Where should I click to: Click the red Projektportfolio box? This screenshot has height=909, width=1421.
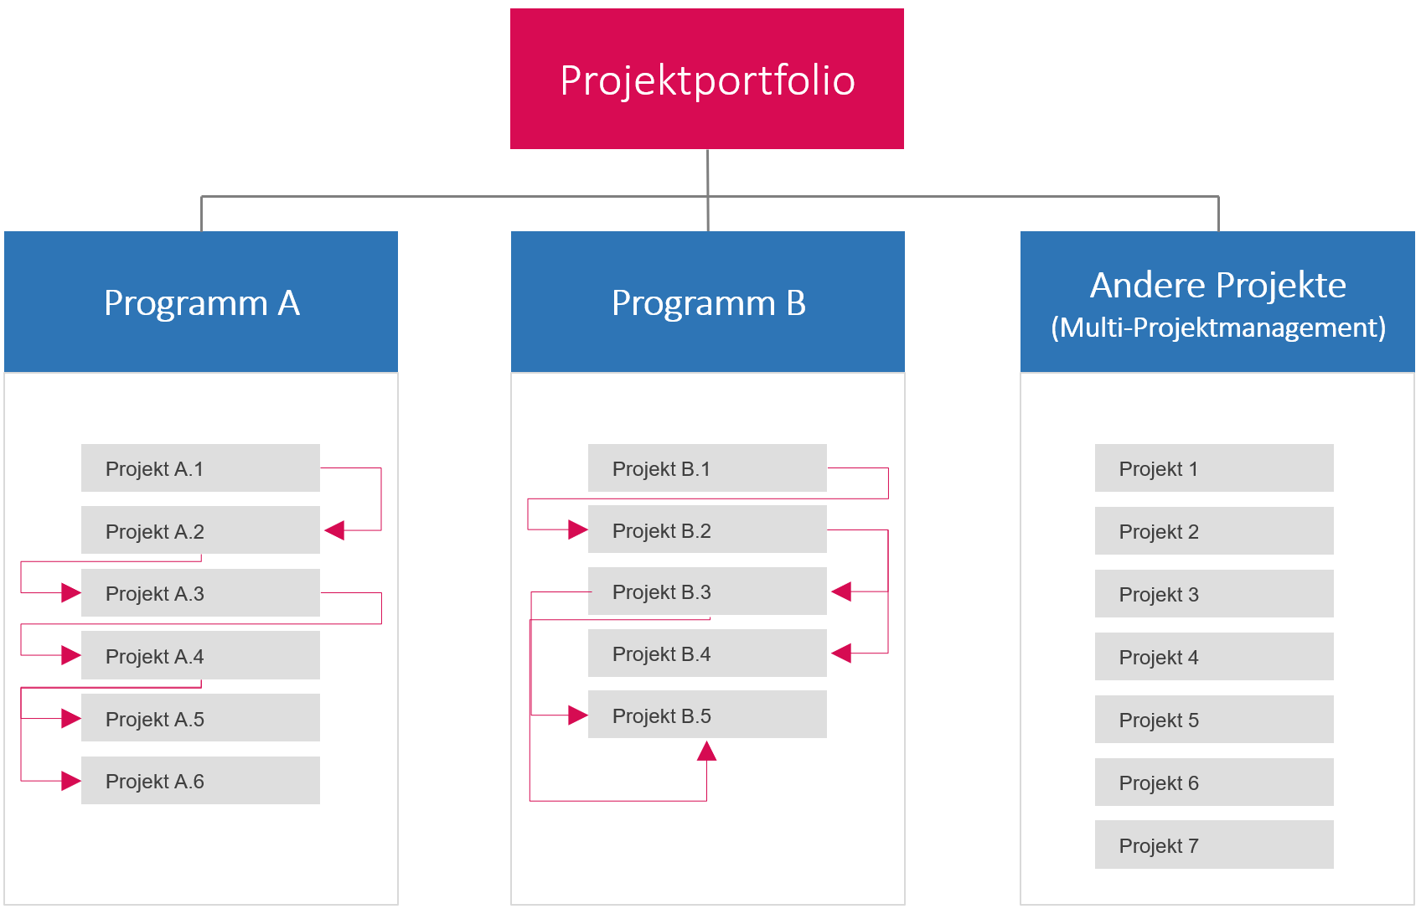(x=706, y=79)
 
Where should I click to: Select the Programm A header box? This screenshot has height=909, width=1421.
(x=201, y=302)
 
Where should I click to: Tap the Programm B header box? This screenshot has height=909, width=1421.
(x=708, y=302)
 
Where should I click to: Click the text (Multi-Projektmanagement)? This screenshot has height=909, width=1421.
(x=1218, y=328)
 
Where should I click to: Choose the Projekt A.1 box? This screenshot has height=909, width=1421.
(x=200, y=467)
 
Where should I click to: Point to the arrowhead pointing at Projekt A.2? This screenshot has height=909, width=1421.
(x=335, y=530)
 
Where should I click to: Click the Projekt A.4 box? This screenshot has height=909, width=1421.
(x=200, y=655)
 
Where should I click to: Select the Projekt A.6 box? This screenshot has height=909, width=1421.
(x=200, y=780)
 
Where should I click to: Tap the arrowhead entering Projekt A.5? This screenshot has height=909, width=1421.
(x=71, y=718)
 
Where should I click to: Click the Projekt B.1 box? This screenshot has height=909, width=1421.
(x=707, y=467)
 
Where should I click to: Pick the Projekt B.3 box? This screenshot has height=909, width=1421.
(x=707, y=591)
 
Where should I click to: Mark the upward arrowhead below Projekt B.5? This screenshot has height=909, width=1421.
(x=706, y=751)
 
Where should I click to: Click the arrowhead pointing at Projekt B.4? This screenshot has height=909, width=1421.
(x=841, y=653)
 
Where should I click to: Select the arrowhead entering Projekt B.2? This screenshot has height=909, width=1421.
(x=577, y=529)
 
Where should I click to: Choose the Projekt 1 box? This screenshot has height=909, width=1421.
(x=1214, y=467)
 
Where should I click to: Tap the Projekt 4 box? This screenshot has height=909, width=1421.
(x=1214, y=656)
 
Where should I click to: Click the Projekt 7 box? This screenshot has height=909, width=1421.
(x=1214, y=844)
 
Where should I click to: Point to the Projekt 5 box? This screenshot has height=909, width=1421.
(x=1214, y=719)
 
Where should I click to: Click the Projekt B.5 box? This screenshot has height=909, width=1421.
(x=707, y=715)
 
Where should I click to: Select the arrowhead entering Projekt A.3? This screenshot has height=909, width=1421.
(x=71, y=593)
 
